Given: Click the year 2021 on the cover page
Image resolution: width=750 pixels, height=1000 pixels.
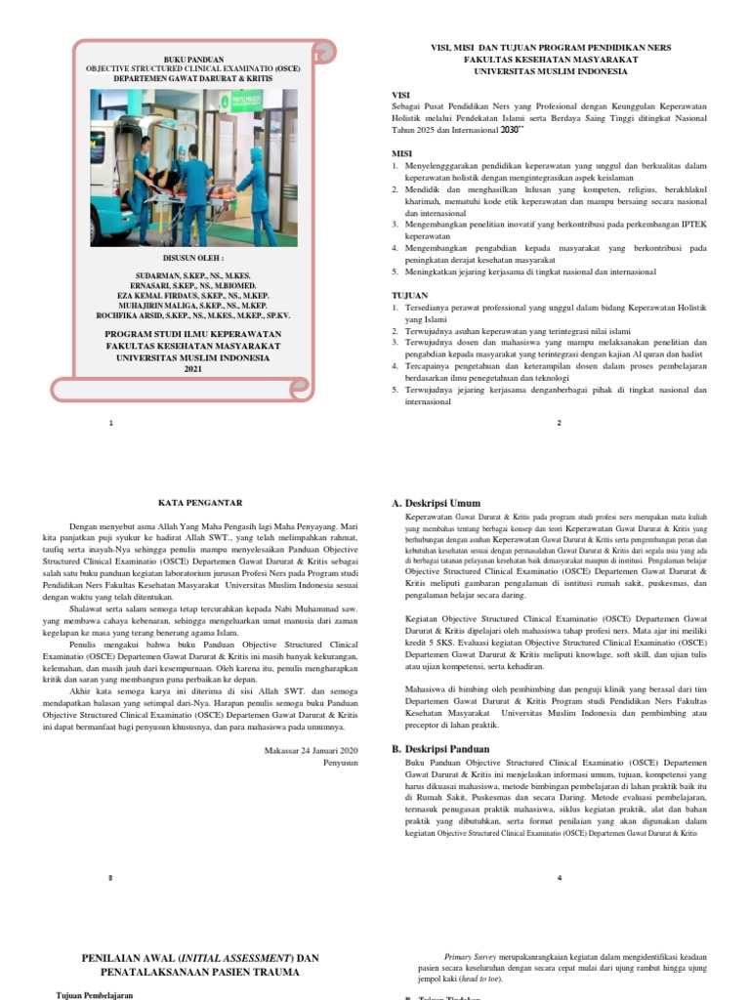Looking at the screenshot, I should (192, 369).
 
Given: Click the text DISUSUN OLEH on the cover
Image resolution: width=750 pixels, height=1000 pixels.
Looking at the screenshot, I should (192, 259).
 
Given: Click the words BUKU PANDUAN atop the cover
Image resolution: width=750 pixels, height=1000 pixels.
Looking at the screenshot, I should (192, 60).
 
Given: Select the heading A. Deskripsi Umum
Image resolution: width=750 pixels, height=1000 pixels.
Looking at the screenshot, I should (437, 503).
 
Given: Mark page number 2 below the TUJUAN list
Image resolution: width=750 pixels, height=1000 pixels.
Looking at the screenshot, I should (559, 422).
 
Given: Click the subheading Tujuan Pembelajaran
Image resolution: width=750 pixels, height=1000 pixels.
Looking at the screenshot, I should (94, 994).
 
